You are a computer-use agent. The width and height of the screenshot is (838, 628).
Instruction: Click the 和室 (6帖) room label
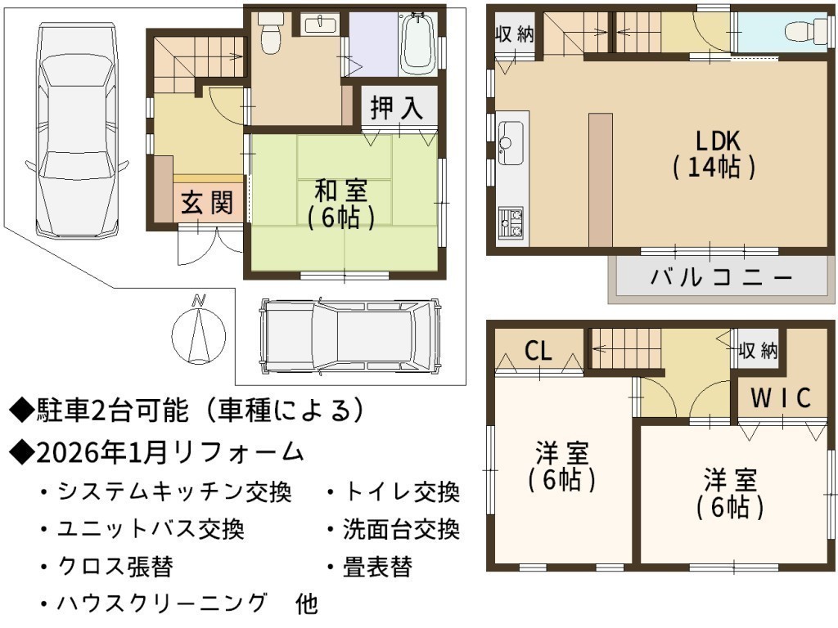click(341, 204)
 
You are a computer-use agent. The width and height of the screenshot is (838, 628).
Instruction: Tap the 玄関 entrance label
click(207, 203)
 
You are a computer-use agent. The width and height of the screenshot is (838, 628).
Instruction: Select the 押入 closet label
click(397, 108)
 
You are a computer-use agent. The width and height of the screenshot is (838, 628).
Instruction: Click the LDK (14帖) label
click(714, 155)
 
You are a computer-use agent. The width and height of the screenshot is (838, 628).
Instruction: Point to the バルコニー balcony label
click(721, 277)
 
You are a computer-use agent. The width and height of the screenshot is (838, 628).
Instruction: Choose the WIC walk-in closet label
click(781, 398)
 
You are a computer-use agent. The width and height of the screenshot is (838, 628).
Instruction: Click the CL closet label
click(538, 351)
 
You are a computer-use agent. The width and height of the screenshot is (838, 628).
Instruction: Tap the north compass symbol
click(199, 331)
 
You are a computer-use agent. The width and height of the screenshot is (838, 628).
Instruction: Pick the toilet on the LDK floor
click(808, 31)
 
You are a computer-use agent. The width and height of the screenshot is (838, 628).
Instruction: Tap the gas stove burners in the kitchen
click(511, 223)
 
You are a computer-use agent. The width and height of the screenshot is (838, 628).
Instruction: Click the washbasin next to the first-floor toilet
click(320, 24)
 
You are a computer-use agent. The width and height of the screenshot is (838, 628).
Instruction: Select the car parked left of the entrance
click(77, 131)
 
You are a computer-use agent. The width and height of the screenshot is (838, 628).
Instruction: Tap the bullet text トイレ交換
click(402, 491)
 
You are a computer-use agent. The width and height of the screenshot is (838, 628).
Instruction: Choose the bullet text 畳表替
click(377, 567)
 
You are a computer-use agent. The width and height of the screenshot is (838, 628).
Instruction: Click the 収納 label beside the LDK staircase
click(514, 34)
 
